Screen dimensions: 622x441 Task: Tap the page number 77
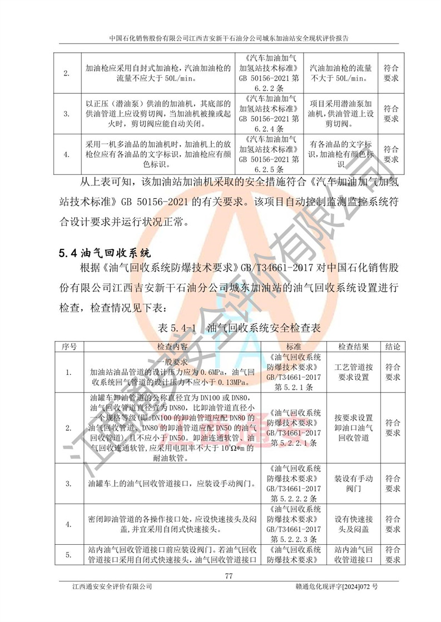228,575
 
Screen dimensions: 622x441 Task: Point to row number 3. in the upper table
67,114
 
